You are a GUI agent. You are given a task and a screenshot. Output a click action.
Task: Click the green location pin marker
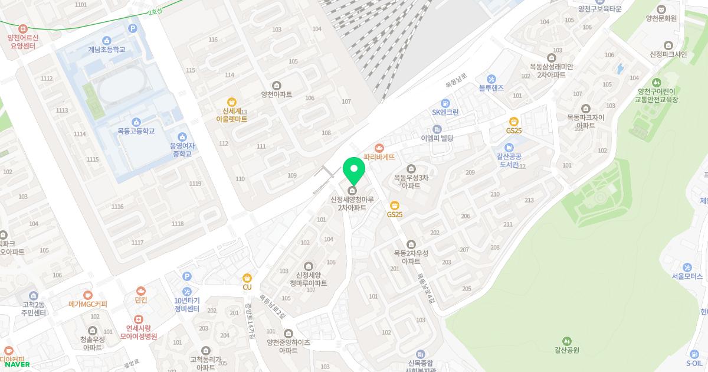click(x=353, y=171)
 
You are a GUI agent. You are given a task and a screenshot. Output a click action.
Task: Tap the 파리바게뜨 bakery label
click(x=379, y=157)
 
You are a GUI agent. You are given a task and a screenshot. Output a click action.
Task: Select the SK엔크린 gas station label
click(x=445, y=112)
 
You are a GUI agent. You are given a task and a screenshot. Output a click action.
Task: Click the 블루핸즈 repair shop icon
click(x=491, y=79)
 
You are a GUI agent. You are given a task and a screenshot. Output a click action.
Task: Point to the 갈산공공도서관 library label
click(x=509, y=160)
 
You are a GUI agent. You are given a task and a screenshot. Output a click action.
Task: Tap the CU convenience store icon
click(x=247, y=278)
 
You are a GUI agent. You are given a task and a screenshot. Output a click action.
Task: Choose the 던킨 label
click(x=140, y=300)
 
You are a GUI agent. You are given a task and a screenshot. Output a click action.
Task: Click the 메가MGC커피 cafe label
click(x=87, y=304)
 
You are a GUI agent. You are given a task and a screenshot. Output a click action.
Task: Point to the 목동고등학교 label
click(x=136, y=131)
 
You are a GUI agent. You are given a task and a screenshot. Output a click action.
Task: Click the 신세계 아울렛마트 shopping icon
click(x=231, y=102)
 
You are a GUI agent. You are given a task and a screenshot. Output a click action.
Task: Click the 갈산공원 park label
click(x=566, y=350)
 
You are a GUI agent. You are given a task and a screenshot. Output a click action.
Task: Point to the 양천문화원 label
click(x=661, y=18)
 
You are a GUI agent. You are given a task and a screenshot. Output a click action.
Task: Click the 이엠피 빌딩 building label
click(x=437, y=138)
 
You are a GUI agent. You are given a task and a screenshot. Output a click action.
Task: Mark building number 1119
click(x=195, y=184)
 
